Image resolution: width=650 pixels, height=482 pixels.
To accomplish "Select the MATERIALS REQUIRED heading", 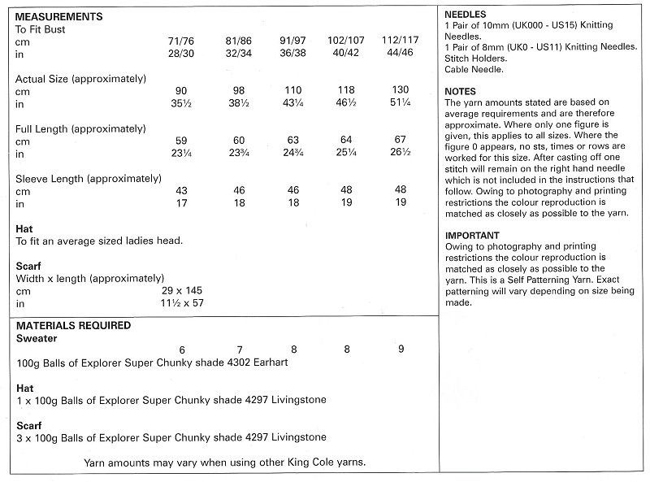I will tap(72, 326).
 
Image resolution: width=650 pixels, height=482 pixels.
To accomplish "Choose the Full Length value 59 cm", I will tap(182, 141).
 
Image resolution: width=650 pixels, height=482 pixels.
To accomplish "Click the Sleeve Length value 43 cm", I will tap(182, 191).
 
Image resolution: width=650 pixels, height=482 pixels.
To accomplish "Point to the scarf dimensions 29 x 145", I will tap(183, 290).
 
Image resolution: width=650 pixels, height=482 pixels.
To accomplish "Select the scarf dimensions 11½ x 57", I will tap(182, 303).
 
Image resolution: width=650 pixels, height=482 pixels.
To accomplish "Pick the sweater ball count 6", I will tap(182, 350).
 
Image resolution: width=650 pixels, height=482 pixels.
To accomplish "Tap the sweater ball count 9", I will tap(401, 350).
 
